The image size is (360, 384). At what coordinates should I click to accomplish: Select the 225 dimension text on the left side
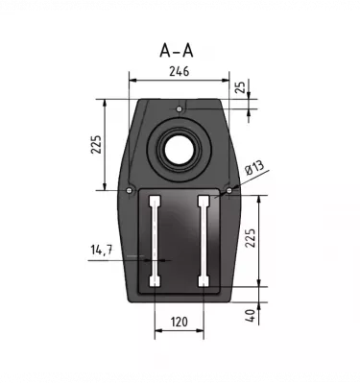(x=96, y=143)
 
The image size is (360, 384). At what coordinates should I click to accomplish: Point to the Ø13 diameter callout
(x=255, y=170)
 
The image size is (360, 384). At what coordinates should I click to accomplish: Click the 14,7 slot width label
(x=102, y=251)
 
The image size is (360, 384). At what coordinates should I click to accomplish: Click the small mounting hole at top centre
(x=179, y=110)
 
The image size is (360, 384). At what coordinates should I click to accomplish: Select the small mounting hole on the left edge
(x=129, y=189)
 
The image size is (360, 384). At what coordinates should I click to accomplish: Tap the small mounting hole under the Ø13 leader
(x=228, y=189)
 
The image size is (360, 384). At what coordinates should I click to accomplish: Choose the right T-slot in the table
(x=202, y=241)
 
